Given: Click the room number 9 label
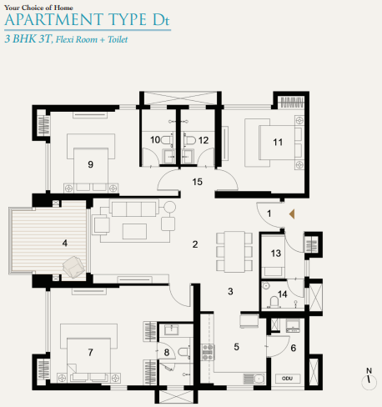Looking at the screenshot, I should click(x=90, y=164).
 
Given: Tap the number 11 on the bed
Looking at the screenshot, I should click(x=278, y=143).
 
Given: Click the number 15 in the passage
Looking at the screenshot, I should click(x=197, y=180).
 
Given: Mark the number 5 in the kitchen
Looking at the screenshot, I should click(x=236, y=345).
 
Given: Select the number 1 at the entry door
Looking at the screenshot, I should click(x=269, y=214).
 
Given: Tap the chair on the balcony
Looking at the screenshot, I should click(x=73, y=265).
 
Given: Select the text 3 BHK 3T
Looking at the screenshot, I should click(x=26, y=38).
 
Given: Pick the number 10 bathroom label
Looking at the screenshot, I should click(x=155, y=139).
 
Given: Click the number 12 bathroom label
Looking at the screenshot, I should click(x=204, y=139).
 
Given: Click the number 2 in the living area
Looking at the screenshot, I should click(x=194, y=244).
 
